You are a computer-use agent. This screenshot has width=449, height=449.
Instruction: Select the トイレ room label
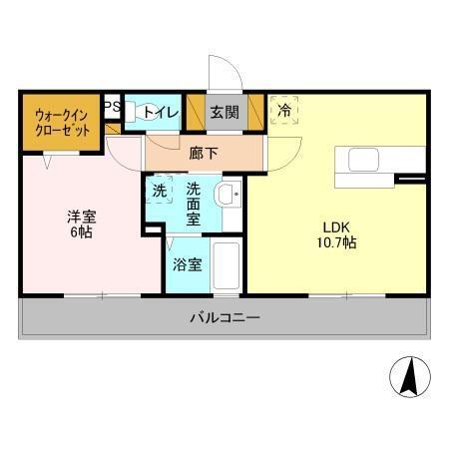(x=160, y=113)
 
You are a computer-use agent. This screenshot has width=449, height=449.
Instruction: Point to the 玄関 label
(x=224, y=113)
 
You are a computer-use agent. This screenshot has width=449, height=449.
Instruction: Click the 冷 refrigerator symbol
(x=284, y=110)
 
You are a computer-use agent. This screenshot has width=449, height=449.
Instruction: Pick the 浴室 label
(x=187, y=265)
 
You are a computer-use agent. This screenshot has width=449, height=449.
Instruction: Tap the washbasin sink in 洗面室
(x=228, y=195)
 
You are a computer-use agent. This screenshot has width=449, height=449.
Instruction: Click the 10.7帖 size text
(x=337, y=242)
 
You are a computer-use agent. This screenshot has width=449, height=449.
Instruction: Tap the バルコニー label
(x=225, y=319)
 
